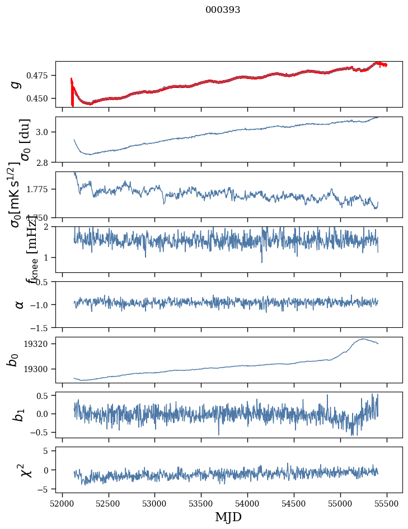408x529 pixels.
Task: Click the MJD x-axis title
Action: tap(228, 517)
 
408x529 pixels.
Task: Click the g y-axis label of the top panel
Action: tap(16, 84)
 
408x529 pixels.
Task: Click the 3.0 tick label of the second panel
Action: tap(45, 132)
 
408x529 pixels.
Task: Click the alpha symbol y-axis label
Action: tap(19, 304)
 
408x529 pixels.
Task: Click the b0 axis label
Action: tap(13, 360)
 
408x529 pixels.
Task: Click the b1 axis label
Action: tap(19, 415)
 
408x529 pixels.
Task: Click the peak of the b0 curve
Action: tap(363, 338)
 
